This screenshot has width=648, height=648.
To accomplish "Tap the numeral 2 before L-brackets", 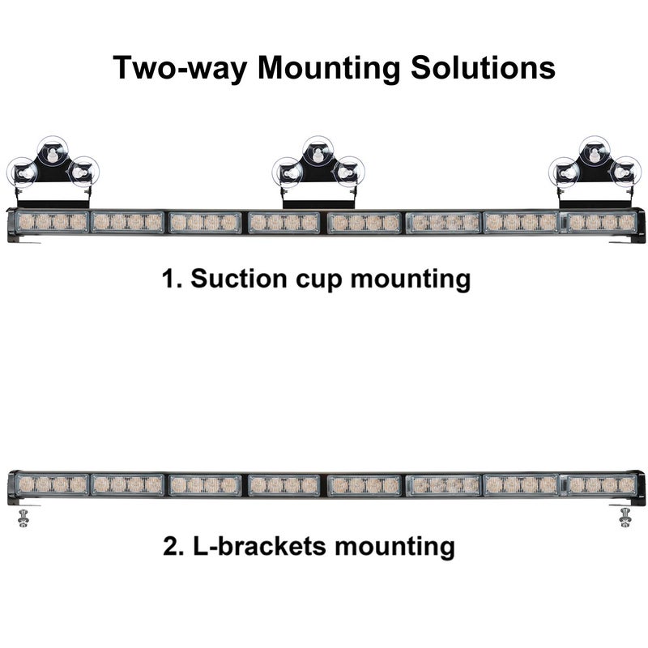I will click(171, 546).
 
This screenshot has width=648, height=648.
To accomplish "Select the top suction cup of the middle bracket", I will click(319, 151).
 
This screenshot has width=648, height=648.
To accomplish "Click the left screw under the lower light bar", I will click(22, 516).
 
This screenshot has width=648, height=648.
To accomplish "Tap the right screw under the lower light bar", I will click(625, 516).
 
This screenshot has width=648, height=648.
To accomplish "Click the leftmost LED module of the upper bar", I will click(52, 221).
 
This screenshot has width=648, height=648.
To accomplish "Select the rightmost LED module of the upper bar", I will click(600, 221).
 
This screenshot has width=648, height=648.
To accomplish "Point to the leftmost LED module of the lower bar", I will click(52, 484).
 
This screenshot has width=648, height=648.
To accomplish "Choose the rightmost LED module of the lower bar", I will click(600, 484).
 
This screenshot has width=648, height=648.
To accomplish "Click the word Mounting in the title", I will click(329, 69).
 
